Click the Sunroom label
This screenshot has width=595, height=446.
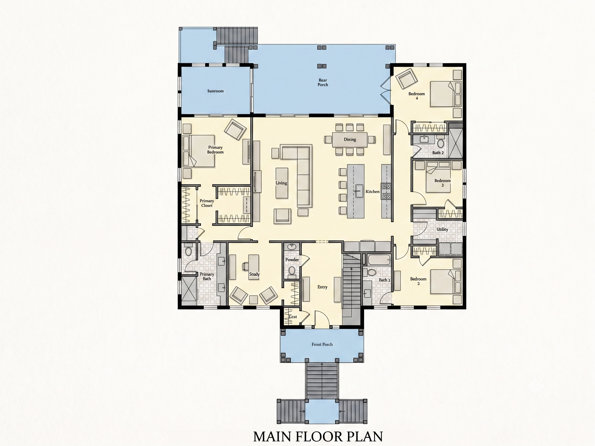point(215,91)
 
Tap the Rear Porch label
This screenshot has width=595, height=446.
point(323,82)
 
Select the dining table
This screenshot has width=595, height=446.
point(350,140)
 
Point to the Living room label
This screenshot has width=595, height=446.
point(281,183)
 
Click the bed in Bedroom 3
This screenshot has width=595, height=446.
point(438,177)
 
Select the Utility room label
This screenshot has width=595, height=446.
point(442,229)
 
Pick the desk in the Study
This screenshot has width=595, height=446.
point(254,267)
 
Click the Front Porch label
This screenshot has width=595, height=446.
point(322,344)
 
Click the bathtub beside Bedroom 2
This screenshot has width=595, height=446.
point(379,260)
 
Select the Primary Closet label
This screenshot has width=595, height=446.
point(207,203)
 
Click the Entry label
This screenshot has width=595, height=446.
point(322,287)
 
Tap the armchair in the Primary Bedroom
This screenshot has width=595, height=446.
point(235,129)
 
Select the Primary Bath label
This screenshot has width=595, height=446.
point(207,277)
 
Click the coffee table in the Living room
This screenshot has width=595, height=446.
point(282,183)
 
